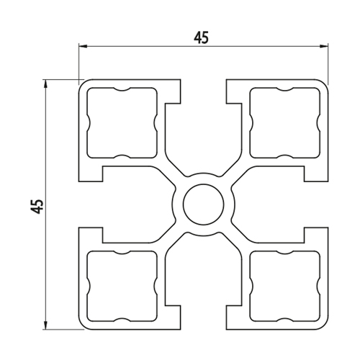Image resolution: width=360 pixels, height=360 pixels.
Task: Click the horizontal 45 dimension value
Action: click(x=201, y=37)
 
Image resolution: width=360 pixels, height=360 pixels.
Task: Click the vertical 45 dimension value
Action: click(x=37, y=206)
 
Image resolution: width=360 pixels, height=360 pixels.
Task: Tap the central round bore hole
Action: click(x=204, y=204)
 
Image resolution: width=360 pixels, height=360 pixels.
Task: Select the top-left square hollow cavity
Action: click(x=122, y=122)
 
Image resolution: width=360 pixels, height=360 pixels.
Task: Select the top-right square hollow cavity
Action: click(x=285, y=122)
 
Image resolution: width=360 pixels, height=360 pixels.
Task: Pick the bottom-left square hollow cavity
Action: click(x=122, y=286)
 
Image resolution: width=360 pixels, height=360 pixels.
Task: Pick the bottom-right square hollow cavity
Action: click(x=285, y=286)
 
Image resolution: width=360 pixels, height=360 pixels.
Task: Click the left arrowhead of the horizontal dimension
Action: click(x=83, y=45)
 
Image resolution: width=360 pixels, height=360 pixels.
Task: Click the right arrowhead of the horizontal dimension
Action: click(x=324, y=46)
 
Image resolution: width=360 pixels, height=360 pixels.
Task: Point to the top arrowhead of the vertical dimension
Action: click(x=45, y=84)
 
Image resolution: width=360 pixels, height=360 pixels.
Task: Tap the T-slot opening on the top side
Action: click(x=204, y=91)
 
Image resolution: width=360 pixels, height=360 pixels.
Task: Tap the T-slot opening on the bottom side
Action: click(x=204, y=318)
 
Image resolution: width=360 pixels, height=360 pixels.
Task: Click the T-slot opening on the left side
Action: click(x=91, y=204)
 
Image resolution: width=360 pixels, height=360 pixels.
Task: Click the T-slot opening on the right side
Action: click(x=316, y=204)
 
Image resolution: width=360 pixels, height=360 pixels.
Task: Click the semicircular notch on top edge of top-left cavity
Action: click(x=122, y=89)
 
